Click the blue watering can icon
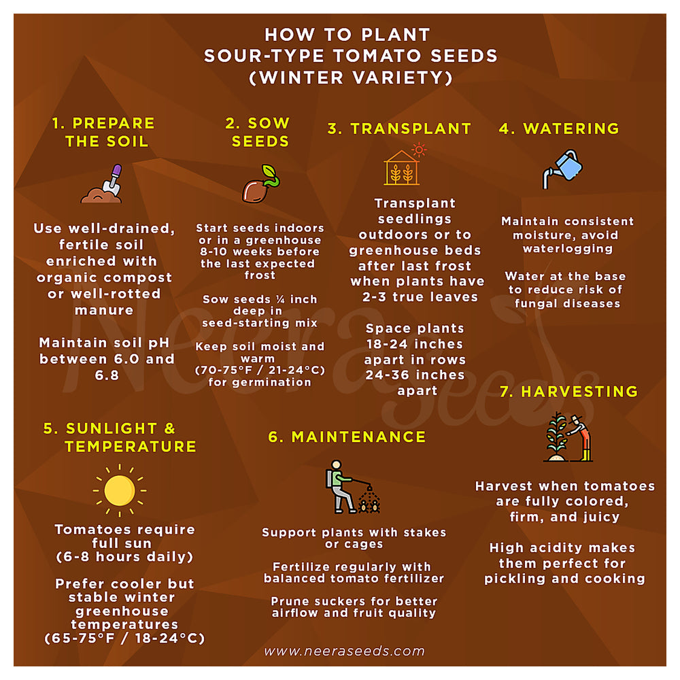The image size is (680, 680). click(x=562, y=169)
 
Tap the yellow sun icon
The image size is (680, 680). click(x=120, y=490)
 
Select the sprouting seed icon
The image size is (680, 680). click(x=260, y=184)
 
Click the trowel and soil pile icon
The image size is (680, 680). click(x=102, y=184)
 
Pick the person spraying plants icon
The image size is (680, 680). click(x=352, y=487)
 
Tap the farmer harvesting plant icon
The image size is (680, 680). click(x=568, y=437)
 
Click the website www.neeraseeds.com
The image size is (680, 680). click(x=344, y=651)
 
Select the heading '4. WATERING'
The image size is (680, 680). click(x=559, y=129)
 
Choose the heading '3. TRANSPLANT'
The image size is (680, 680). click(x=399, y=129)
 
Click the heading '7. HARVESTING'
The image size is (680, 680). click(x=568, y=392)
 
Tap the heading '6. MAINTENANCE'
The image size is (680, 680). click(x=347, y=437)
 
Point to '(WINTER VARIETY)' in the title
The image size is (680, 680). click(x=351, y=78)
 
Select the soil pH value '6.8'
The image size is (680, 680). click(x=107, y=375)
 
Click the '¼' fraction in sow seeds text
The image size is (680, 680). click(x=280, y=299)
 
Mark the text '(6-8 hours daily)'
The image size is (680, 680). click(x=124, y=557)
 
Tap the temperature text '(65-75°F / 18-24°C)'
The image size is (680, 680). click(x=124, y=639)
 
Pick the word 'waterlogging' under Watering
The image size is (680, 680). click(x=568, y=249)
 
